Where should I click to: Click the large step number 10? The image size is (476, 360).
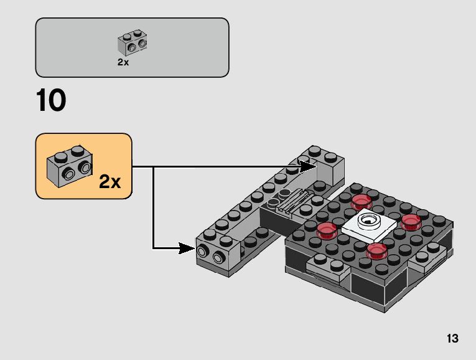coord(51,102)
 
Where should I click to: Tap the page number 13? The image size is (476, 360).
coord(452,339)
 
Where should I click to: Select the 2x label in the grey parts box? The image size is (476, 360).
coord(123,62)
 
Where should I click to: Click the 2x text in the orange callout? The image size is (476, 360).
coord(110,182)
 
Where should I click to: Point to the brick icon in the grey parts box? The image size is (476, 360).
coord(132,43)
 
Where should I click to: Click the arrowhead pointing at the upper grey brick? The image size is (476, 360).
coord(308,166)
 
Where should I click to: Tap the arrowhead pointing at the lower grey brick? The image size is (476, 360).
coord(187,248)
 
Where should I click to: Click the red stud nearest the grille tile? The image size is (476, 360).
coord(360,201)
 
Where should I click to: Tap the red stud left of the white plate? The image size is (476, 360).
coord(327,230)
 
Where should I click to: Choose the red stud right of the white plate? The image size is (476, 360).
coord(411,221)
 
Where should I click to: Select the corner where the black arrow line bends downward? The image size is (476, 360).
coord(154,167)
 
